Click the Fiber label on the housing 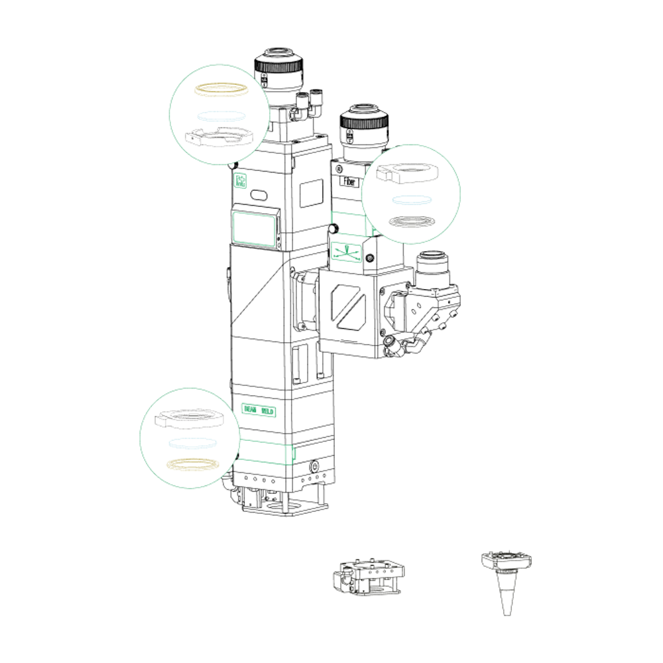(347, 181)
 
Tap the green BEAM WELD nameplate (259, 410)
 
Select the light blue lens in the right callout (411, 199)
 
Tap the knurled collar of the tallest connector (280, 66)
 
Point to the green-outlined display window (254, 229)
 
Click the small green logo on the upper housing (241, 181)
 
